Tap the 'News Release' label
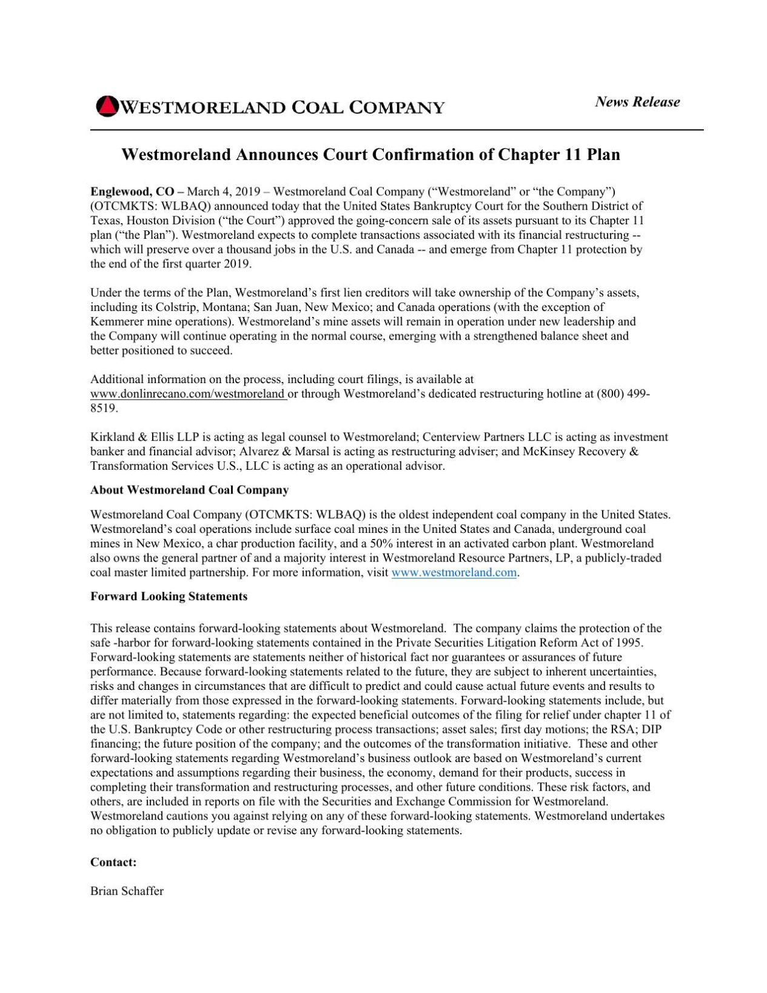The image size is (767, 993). pyautogui.click(x=637, y=102)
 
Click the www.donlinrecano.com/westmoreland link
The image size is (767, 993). pyautogui.click(x=188, y=394)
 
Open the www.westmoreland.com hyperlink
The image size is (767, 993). pyautogui.click(x=454, y=573)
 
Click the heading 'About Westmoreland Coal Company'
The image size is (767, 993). pyautogui.click(x=189, y=490)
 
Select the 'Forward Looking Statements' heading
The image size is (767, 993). pyautogui.click(x=169, y=597)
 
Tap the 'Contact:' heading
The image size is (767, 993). pyautogui.click(x=113, y=862)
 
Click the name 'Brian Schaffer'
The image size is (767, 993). pyautogui.click(x=127, y=891)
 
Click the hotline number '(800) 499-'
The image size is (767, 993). pyautogui.click(x=623, y=394)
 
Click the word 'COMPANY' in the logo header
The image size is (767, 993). pyautogui.click(x=397, y=108)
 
